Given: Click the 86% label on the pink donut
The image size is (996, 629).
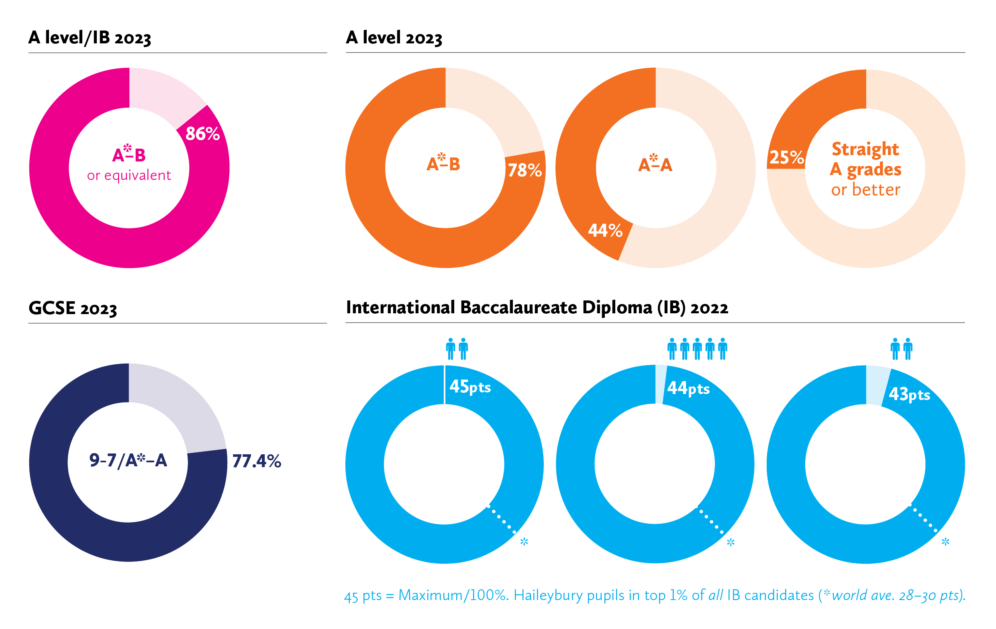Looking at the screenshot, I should pyautogui.click(x=202, y=134).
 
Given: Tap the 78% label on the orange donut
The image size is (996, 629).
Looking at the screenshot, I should pyautogui.click(x=525, y=170).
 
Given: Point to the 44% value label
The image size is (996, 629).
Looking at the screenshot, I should pyautogui.click(x=605, y=230).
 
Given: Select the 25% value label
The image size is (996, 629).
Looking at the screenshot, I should pyautogui.click(x=786, y=157).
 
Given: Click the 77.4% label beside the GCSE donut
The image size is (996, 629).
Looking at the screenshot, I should pyautogui.click(x=257, y=461).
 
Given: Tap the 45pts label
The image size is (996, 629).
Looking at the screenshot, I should pyautogui.click(x=470, y=387).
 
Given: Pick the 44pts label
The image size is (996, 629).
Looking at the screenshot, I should pyautogui.click(x=688, y=388).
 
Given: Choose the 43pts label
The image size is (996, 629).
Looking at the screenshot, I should pyautogui.click(x=910, y=394).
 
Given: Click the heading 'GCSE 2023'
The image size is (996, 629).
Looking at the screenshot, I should pyautogui.click(x=73, y=308).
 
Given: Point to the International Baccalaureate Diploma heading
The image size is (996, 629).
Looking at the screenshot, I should pyautogui.click(x=537, y=308).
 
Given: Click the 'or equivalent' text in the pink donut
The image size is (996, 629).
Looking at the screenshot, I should pyautogui.click(x=129, y=176).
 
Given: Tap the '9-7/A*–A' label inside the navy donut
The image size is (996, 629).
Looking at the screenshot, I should pyautogui.click(x=128, y=460).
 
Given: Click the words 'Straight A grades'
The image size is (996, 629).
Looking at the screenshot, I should pyautogui.click(x=865, y=159).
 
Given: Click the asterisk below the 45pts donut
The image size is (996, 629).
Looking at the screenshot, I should pyautogui.click(x=524, y=542).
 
